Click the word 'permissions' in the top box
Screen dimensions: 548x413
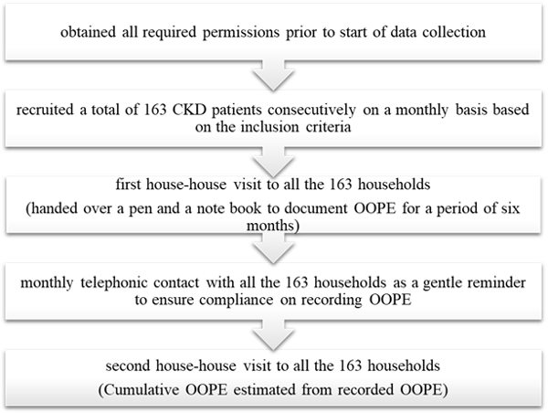pyautogui.click(x=241, y=33)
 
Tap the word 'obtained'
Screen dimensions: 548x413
pyautogui.click(x=88, y=32)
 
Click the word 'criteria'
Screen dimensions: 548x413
pyautogui.click(x=329, y=127)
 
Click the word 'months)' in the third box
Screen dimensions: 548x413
pyautogui.click(x=273, y=226)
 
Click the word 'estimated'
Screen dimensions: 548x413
pyautogui.click(x=265, y=389)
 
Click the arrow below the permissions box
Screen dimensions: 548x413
pyautogui.click(x=273, y=76)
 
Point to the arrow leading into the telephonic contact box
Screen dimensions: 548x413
pyautogui.click(x=273, y=249)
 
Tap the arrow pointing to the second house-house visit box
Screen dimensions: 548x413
pyautogui.click(x=273, y=335)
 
